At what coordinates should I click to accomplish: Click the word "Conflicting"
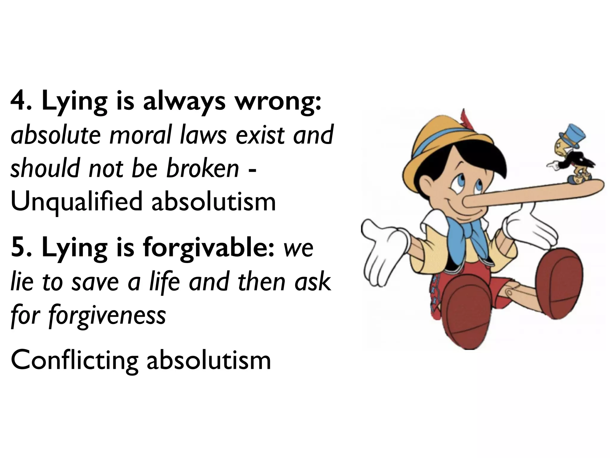(74, 360)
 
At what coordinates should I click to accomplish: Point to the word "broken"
(203, 168)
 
